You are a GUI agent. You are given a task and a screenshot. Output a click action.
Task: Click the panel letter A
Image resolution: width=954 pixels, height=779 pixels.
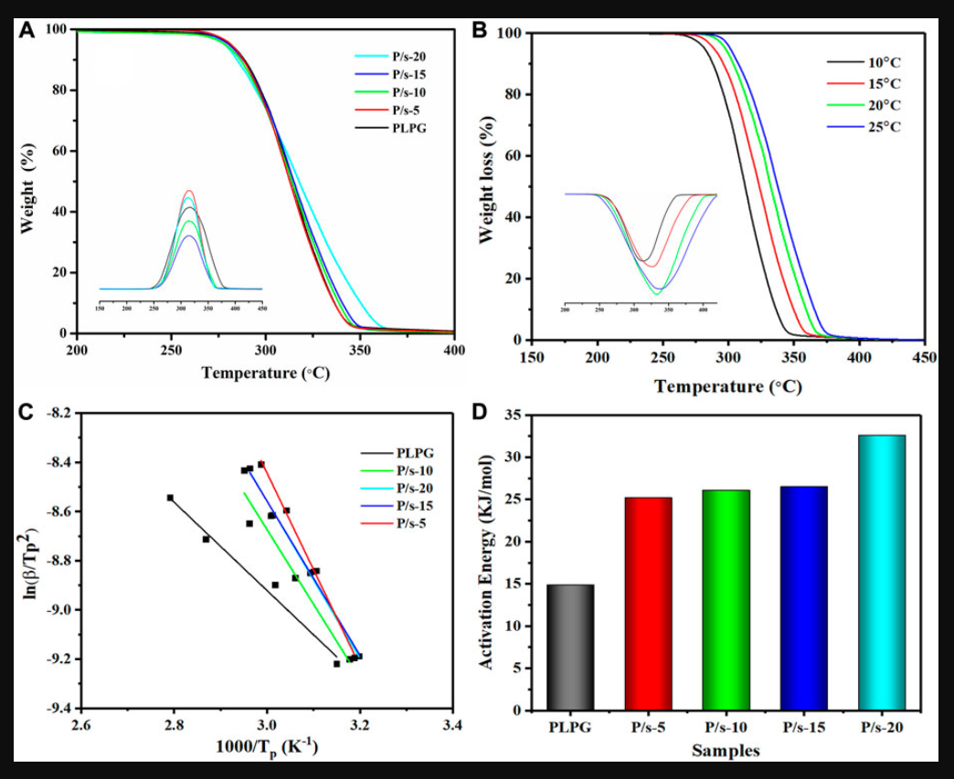pos(27,29)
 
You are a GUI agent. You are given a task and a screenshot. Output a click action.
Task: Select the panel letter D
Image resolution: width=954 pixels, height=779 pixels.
pos(479,411)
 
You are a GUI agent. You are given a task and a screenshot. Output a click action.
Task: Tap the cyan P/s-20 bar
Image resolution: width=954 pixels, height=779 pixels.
pos(882,572)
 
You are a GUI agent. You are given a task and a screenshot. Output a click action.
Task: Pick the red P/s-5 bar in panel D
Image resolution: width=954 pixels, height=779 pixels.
pos(649,603)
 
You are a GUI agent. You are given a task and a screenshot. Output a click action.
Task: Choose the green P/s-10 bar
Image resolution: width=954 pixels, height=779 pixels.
pos(726,599)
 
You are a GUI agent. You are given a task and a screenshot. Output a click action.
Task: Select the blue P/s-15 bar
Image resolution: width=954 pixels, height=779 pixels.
pos(804,597)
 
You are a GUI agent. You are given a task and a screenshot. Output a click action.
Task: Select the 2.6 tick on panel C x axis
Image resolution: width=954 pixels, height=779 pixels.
pos(81,725)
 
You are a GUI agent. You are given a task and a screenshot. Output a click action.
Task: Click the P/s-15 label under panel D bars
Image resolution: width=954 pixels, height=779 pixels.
pos(804,728)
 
